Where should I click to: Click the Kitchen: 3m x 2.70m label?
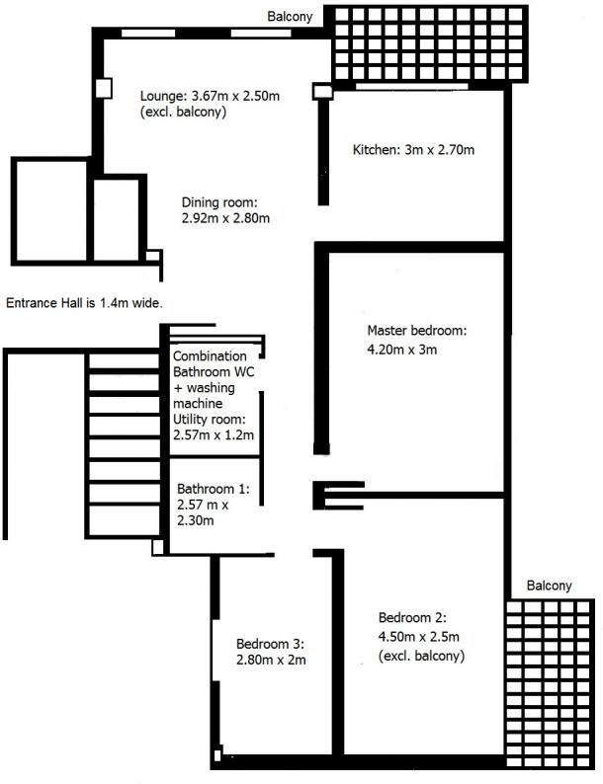coord(413,149)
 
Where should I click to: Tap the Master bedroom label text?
coord(416,331)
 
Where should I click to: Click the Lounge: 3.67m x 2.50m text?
coord(210,96)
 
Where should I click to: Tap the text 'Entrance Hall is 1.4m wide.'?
coord(84,303)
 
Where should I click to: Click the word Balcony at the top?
coord(290,17)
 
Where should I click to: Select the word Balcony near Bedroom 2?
coord(549,586)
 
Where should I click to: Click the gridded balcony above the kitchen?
coord(429,44)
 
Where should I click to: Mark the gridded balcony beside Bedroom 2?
coord(551,684)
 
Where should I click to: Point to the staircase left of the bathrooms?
coord(125,444)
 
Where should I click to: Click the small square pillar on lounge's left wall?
coord(104,89)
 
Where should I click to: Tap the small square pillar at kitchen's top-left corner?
coord(322,92)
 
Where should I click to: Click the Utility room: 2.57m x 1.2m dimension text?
coord(214,427)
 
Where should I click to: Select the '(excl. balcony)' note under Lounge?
coord(183,112)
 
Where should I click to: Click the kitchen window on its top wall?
coord(412,87)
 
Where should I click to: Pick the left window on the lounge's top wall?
coord(148,34)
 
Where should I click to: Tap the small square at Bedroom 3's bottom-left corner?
coord(217,754)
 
